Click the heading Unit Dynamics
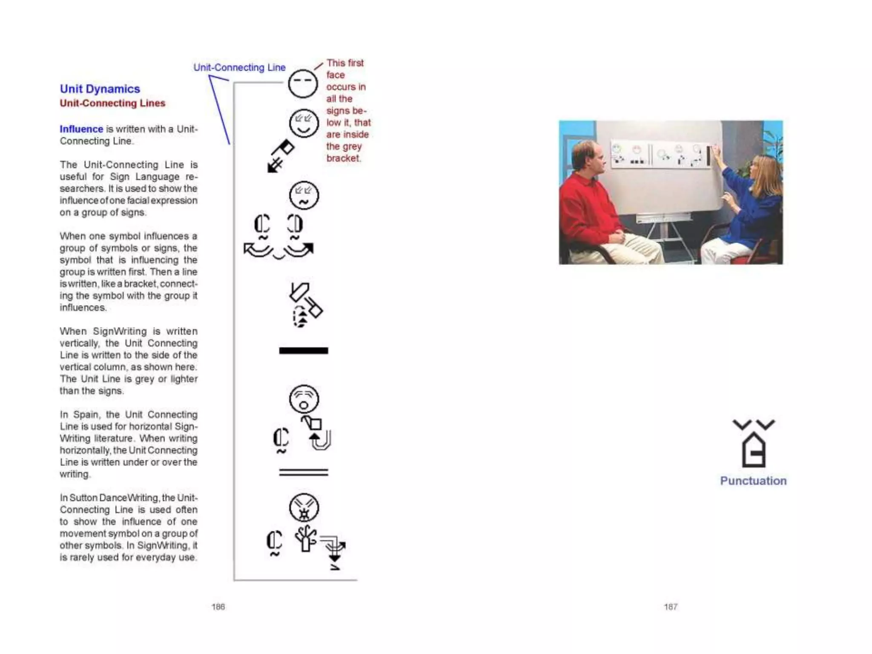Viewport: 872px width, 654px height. pos(100,89)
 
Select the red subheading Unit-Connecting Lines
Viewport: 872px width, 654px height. pos(112,103)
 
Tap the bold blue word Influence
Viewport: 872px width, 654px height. pos(81,129)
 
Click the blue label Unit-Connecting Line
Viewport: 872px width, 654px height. pos(239,67)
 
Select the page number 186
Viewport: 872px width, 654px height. pos(218,607)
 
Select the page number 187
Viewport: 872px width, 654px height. pos(671,607)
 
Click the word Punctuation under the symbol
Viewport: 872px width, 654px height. pos(753,481)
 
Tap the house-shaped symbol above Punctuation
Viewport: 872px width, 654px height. pos(754,449)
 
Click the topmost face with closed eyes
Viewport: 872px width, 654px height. pos(303,83)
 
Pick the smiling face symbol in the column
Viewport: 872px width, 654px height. pos(304,123)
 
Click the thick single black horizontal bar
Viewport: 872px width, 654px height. pos(304,351)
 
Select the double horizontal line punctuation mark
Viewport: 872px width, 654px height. pos(304,472)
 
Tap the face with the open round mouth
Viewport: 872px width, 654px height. pos(304,399)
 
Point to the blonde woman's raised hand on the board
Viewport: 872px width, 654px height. pos(716,150)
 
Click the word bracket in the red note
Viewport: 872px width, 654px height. pos(344,158)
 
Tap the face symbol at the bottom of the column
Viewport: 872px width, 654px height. pos(304,508)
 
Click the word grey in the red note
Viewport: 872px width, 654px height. pos(352,146)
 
